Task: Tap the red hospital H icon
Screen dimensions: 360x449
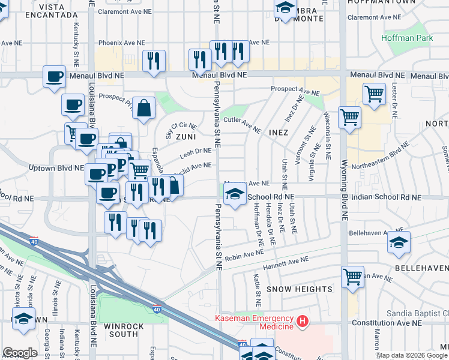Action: pyautogui.click(x=303, y=322)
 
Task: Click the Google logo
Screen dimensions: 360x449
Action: pyautogui.click(x=20, y=353)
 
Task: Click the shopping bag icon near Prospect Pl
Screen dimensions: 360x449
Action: pyautogui.click(x=144, y=109)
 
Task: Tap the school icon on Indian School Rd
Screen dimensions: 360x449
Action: pyautogui.click(x=235, y=194)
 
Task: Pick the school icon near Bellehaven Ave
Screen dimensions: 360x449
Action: pyautogui.click(x=399, y=242)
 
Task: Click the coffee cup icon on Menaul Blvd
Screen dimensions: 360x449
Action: pyautogui.click(x=55, y=77)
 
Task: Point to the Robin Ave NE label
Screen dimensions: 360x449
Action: pyautogui.click(x=243, y=254)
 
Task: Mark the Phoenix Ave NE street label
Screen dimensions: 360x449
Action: pyautogui.click(x=122, y=43)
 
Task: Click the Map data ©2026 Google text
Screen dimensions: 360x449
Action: pyautogui.click(x=412, y=355)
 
